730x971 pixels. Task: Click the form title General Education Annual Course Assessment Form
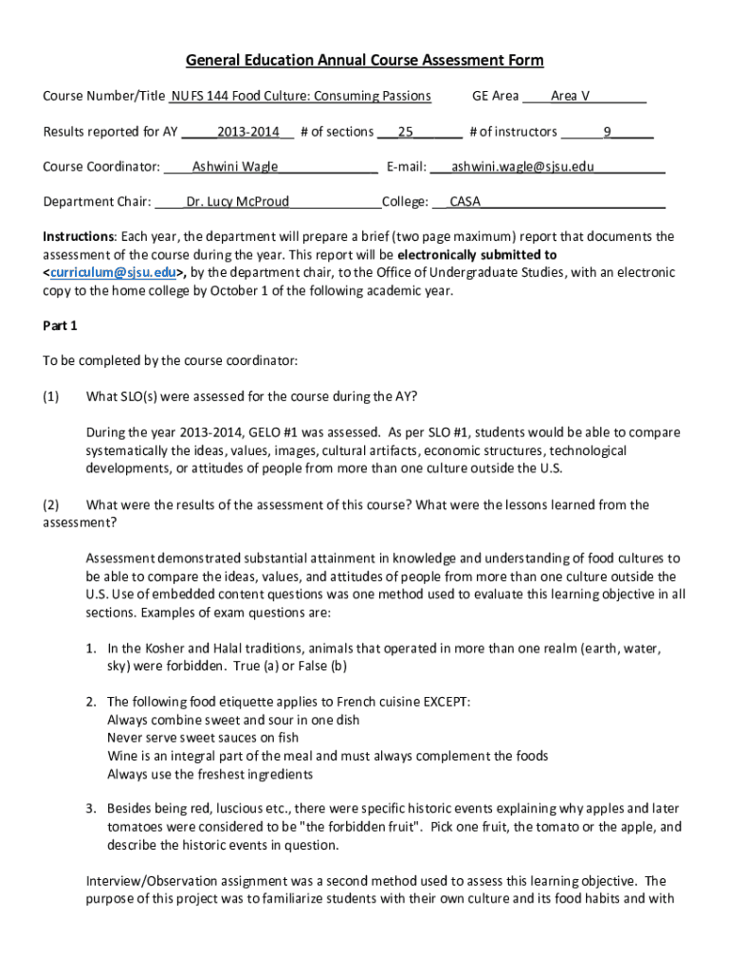point(365,61)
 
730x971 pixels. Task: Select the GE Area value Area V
point(570,96)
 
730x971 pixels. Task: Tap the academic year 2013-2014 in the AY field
point(247,132)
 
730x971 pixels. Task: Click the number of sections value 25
point(406,132)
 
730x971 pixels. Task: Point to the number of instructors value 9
point(608,132)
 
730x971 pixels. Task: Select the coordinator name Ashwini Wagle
point(235,167)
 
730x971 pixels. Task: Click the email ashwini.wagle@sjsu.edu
point(522,167)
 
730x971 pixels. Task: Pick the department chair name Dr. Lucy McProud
point(238,201)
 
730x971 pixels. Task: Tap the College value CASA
point(465,201)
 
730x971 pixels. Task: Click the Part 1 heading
point(61,325)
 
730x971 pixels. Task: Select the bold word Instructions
point(79,236)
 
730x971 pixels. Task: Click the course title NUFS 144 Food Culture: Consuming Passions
point(301,96)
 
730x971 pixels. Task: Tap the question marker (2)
point(51,504)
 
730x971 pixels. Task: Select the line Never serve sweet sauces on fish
point(203,738)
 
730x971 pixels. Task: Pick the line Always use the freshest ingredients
point(210,774)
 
